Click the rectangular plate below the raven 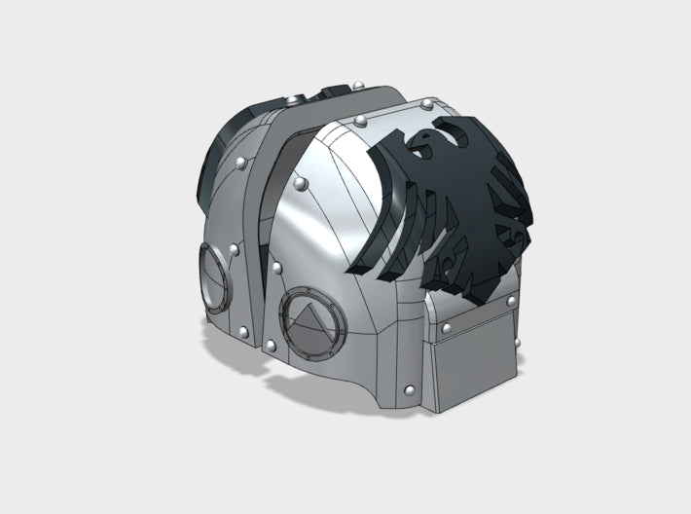coord(474,342)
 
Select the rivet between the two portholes coord(277,267)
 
